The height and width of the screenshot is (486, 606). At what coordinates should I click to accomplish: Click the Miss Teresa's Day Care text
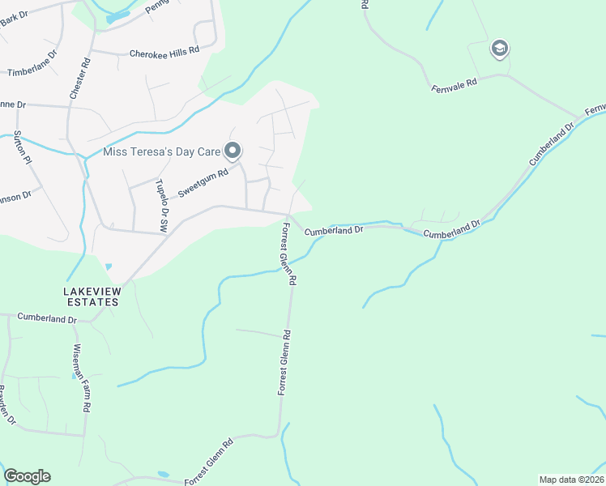click(x=162, y=151)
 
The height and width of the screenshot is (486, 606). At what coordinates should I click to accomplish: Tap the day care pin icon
click(x=233, y=150)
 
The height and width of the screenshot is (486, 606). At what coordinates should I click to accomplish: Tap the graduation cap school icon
click(x=499, y=49)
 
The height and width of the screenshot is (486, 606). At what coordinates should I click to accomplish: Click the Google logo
click(x=27, y=476)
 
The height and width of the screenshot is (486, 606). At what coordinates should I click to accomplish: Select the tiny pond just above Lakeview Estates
click(x=108, y=266)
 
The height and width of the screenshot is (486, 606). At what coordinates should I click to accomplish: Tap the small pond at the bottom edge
click(x=164, y=474)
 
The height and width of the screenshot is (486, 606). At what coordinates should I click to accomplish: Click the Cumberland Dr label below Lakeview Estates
click(x=47, y=319)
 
